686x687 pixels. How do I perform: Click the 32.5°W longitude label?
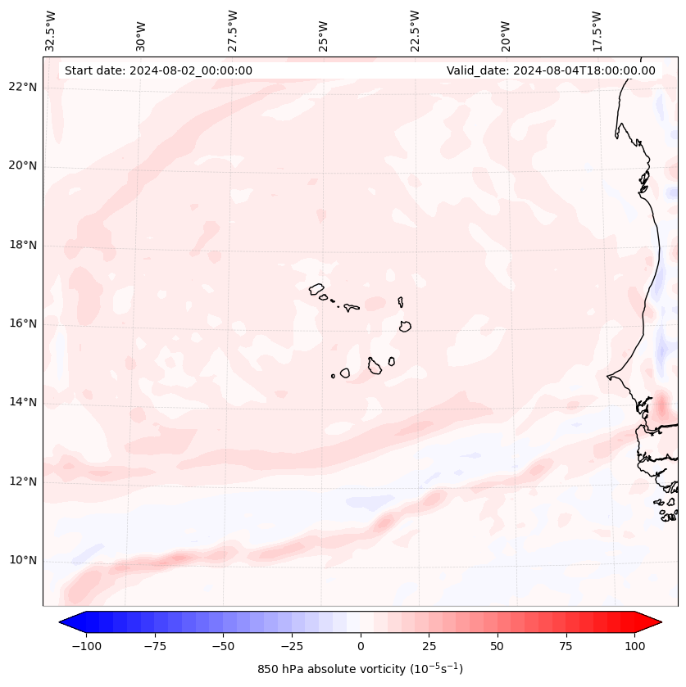click(51, 30)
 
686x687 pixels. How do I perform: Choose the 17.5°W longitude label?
click(596, 30)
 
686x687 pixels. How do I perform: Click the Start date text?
click(158, 70)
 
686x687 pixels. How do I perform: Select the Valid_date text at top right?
click(551, 70)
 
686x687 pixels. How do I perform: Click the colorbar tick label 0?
click(361, 646)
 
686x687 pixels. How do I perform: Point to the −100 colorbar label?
click(87, 646)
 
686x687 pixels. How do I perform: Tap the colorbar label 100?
click(634, 646)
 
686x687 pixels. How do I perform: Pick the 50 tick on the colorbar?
click(497, 646)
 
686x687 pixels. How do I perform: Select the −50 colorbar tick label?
click(224, 646)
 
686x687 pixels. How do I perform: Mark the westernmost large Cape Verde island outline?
click(316, 289)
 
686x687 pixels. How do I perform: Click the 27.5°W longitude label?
click(233, 30)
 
